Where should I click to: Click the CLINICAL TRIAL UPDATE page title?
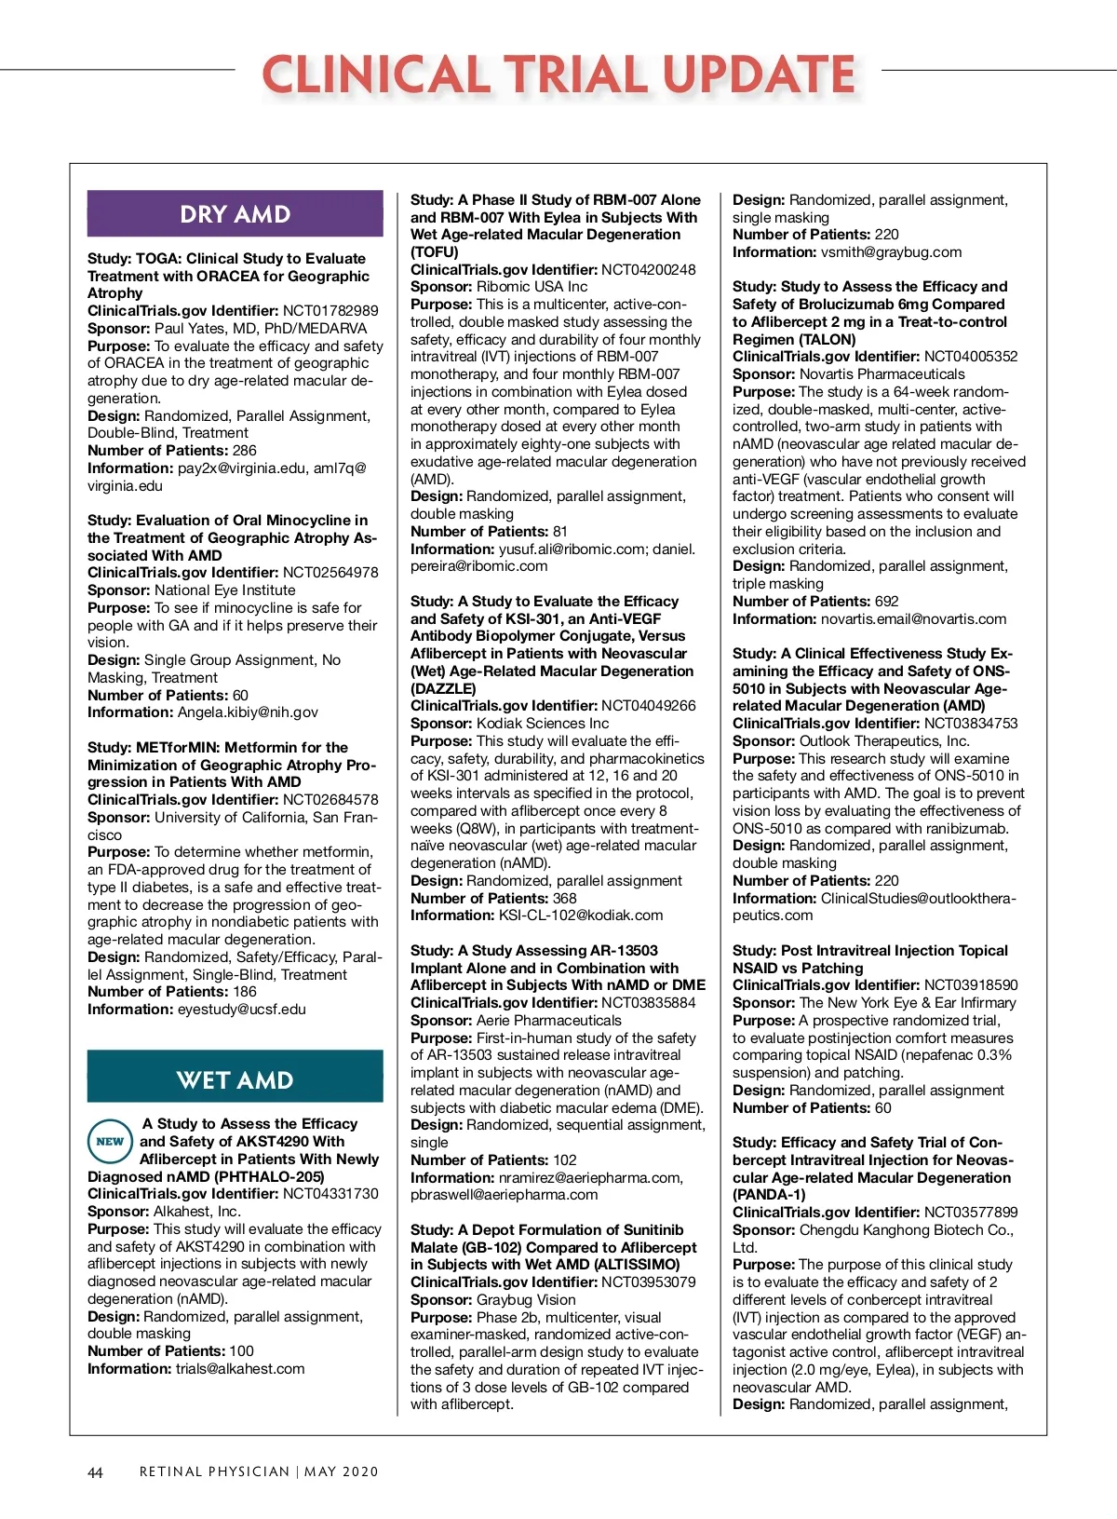pos(558,75)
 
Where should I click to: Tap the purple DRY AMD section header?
pos(235,214)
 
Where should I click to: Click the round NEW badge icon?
pos(110,1141)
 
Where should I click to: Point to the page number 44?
pos(95,1472)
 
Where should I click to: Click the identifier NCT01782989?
pos(330,311)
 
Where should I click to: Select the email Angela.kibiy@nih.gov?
pos(248,712)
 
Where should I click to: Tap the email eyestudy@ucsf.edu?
pos(241,1010)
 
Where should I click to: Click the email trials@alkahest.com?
pos(241,1369)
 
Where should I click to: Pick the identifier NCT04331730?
pos(330,1194)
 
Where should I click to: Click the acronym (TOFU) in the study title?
pos(435,252)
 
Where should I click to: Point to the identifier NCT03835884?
pos(648,1003)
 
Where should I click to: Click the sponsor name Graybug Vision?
pos(526,1300)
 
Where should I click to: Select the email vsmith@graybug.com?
pos(891,252)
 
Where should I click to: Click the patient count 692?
pos(886,602)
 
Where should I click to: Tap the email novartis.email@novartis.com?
pos(913,619)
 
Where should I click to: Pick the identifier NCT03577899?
pos(971,1213)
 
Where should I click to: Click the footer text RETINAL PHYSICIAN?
pos(214,1472)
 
